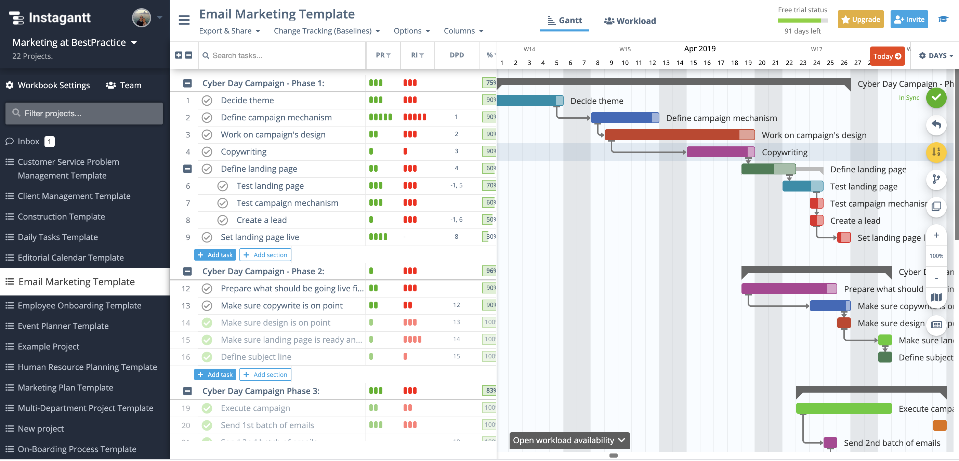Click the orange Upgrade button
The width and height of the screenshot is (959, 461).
(861, 19)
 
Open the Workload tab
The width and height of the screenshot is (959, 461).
(630, 21)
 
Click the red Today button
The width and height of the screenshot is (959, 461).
(887, 56)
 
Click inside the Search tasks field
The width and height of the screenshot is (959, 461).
(283, 55)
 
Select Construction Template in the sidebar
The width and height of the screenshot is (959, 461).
(61, 216)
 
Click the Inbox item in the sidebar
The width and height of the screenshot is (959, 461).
(28, 141)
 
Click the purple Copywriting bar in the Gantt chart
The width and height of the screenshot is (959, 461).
(719, 152)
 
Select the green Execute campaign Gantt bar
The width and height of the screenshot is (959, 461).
(843, 408)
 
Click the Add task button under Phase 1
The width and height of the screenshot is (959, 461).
(215, 255)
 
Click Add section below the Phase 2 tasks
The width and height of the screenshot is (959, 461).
(265, 374)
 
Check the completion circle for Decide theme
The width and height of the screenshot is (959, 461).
(207, 100)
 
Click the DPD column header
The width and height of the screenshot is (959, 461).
(457, 55)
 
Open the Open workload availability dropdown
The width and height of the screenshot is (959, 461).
(569, 440)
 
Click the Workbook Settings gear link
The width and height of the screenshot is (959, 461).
(48, 85)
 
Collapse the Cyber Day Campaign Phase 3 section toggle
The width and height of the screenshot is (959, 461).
(187, 391)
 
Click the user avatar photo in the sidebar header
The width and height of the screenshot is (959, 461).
(141, 17)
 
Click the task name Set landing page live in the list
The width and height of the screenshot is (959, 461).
(260, 237)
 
